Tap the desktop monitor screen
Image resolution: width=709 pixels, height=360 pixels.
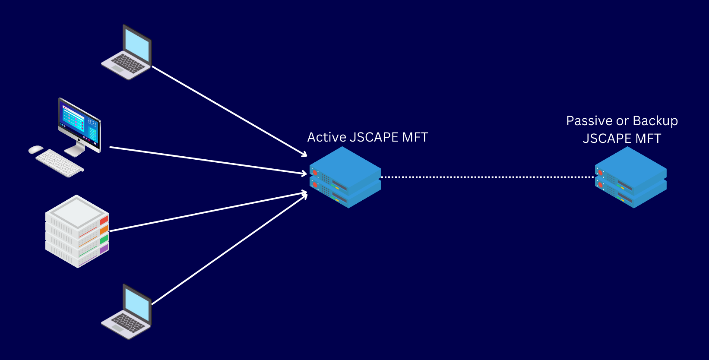pyautogui.click(x=79, y=123)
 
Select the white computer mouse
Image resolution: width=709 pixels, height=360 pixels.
pyautogui.click(x=35, y=149)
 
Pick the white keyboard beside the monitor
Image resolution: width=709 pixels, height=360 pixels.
pyautogui.click(x=59, y=163)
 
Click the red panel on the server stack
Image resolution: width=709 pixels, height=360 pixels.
pyautogui.click(x=104, y=221)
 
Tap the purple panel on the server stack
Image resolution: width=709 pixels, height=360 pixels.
pyautogui.click(x=104, y=249)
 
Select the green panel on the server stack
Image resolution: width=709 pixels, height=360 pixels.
pyautogui.click(x=104, y=240)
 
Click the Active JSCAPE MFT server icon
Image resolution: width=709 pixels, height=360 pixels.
pyautogui.click(x=345, y=177)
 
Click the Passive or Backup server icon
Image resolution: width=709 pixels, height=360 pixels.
pyautogui.click(x=631, y=177)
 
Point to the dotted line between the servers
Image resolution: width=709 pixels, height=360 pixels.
pyautogui.click(x=488, y=177)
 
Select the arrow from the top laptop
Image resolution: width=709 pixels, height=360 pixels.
pyautogui.click(x=229, y=111)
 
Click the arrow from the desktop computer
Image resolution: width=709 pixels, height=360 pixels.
pyautogui.click(x=207, y=160)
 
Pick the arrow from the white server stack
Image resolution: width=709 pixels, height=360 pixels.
pyautogui.click(x=207, y=212)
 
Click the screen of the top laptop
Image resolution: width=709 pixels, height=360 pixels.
pyautogui.click(x=137, y=45)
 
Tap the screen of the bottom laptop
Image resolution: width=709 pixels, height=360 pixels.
pyautogui.click(x=137, y=305)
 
